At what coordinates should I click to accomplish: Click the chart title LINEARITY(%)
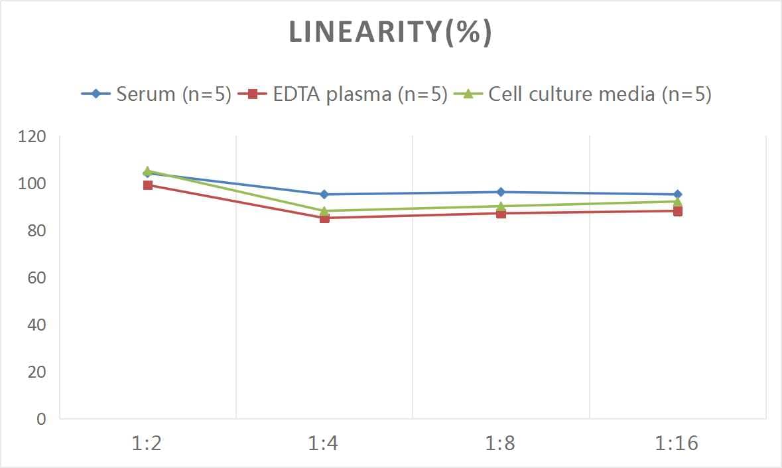pyautogui.click(x=391, y=33)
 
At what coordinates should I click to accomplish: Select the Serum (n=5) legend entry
pyautogui.click(x=157, y=94)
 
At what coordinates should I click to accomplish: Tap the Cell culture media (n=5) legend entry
pyautogui.click(x=584, y=94)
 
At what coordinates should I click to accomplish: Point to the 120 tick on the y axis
pyautogui.click(x=33, y=137)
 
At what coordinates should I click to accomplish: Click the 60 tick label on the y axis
pyautogui.click(x=36, y=277)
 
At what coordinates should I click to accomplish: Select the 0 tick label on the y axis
pyautogui.click(x=41, y=419)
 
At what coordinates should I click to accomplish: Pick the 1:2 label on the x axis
pyautogui.click(x=147, y=443)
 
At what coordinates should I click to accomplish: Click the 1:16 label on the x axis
pyautogui.click(x=677, y=443)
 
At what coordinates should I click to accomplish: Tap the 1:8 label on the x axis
pyautogui.click(x=501, y=443)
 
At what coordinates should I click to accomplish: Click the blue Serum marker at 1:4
pyautogui.click(x=324, y=195)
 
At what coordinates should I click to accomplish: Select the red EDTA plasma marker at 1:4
pyautogui.click(x=324, y=218)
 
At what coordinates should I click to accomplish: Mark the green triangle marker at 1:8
pyautogui.click(x=501, y=206)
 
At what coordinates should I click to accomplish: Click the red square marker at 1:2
pyautogui.click(x=148, y=185)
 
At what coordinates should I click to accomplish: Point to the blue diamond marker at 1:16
pyautogui.click(x=677, y=195)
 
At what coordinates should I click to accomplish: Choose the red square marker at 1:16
pyautogui.click(x=677, y=211)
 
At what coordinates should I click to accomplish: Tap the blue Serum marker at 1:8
pyautogui.click(x=501, y=192)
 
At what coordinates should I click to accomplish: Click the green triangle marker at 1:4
pyautogui.click(x=324, y=210)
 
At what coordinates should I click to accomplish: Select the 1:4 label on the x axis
pyautogui.click(x=324, y=443)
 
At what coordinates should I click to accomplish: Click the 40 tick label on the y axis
pyautogui.click(x=36, y=325)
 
